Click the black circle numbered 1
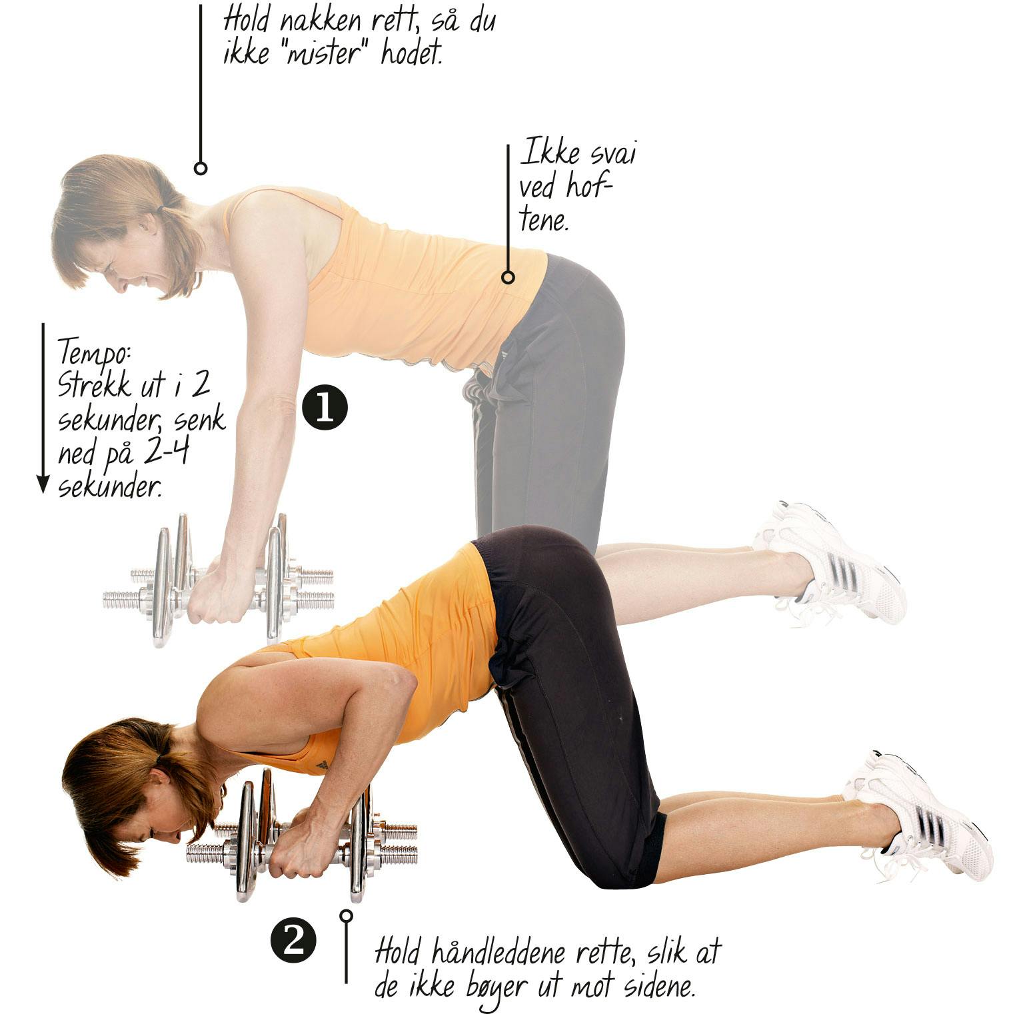pos(325,408)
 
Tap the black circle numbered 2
pos(293,942)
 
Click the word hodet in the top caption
pos(412,53)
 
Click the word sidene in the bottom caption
pos(658,986)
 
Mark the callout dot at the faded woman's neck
pos(201,168)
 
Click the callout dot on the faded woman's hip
pos(508,277)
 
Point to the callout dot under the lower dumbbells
pos(346,915)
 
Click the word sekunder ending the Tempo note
pos(110,488)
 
